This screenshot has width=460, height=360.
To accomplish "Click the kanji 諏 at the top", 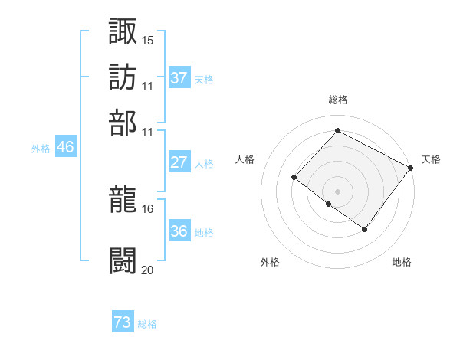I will (123, 31).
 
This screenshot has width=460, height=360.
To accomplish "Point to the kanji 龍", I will (123, 201).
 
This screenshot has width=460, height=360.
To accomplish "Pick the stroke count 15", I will (148, 40).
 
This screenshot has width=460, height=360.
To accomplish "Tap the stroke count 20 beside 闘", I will (148, 270).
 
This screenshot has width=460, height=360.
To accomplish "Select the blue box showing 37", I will (179, 77).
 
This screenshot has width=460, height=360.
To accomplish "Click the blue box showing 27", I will (179, 162).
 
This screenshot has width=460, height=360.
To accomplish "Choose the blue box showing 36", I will (179, 231).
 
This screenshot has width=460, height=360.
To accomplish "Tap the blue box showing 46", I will (65, 147).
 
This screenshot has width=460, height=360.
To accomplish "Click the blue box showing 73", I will (123, 322).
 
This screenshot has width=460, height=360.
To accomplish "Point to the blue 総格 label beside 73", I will (148, 324).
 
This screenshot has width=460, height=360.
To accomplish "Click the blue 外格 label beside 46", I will (41, 149).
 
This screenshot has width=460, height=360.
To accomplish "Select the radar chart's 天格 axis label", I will (431, 159).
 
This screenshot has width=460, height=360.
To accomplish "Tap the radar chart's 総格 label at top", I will (338, 100).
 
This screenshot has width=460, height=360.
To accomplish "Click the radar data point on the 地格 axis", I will (365, 229).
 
